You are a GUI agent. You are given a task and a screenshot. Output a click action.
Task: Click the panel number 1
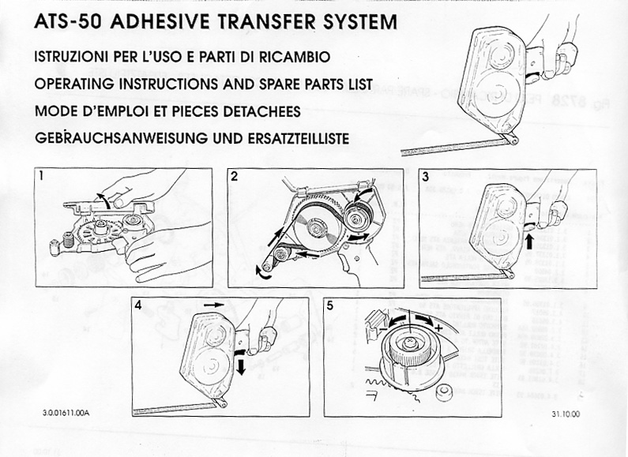(43, 178)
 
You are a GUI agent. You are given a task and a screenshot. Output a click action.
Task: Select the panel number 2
(235, 178)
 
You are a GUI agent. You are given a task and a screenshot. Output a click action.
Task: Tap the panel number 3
(426, 178)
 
